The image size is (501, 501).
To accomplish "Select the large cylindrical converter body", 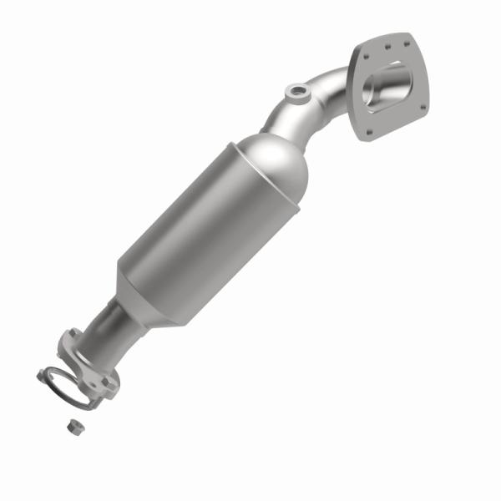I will click(x=209, y=225).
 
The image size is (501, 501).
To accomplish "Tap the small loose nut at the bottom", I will click(x=73, y=426).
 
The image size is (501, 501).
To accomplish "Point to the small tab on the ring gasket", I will click(x=41, y=375).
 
